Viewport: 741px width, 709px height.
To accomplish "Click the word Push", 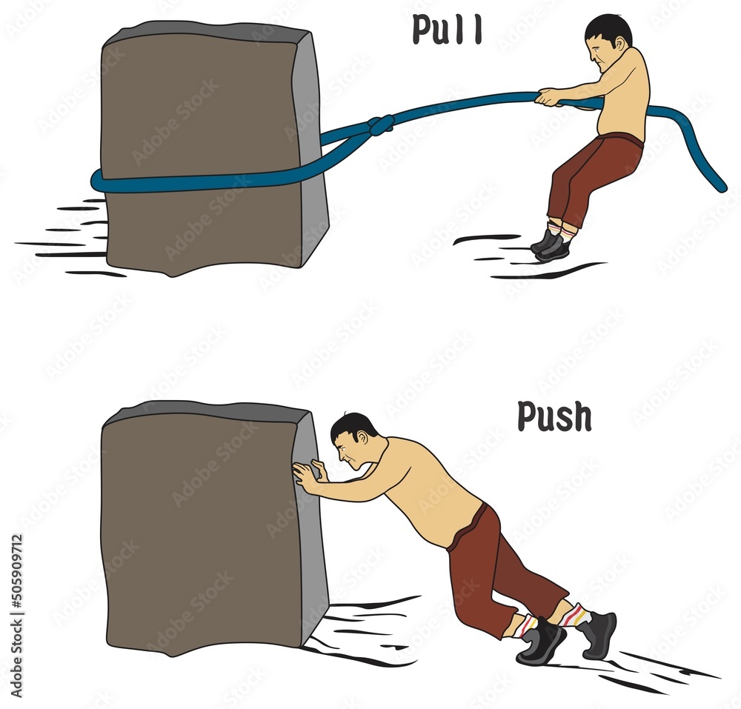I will (x=554, y=416).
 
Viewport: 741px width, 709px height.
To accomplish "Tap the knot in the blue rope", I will (x=381, y=125).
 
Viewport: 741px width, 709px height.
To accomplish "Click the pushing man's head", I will (x=354, y=440).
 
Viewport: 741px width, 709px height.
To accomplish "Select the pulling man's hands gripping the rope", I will (x=548, y=96).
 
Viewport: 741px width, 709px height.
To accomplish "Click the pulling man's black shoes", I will (x=551, y=244).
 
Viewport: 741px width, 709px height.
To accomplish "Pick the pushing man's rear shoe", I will (x=599, y=636).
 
